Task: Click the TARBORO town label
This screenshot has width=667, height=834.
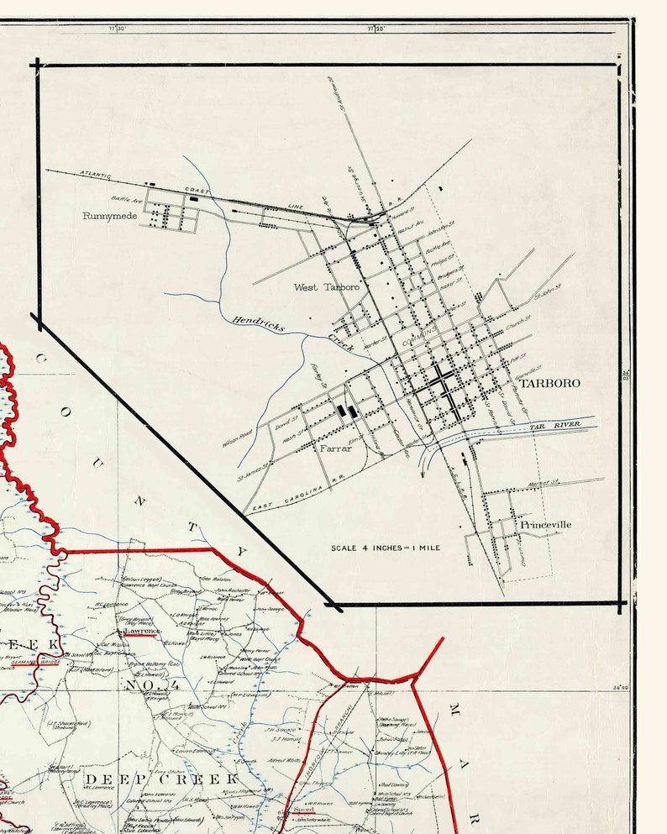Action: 550,383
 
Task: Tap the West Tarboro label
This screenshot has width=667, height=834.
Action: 326,287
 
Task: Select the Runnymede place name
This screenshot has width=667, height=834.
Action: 109,216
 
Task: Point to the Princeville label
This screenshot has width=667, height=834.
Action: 545,524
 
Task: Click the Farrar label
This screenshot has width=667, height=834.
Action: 334,448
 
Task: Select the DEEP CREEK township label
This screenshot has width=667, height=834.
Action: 161,780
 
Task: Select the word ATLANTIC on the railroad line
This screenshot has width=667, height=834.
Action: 96,175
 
